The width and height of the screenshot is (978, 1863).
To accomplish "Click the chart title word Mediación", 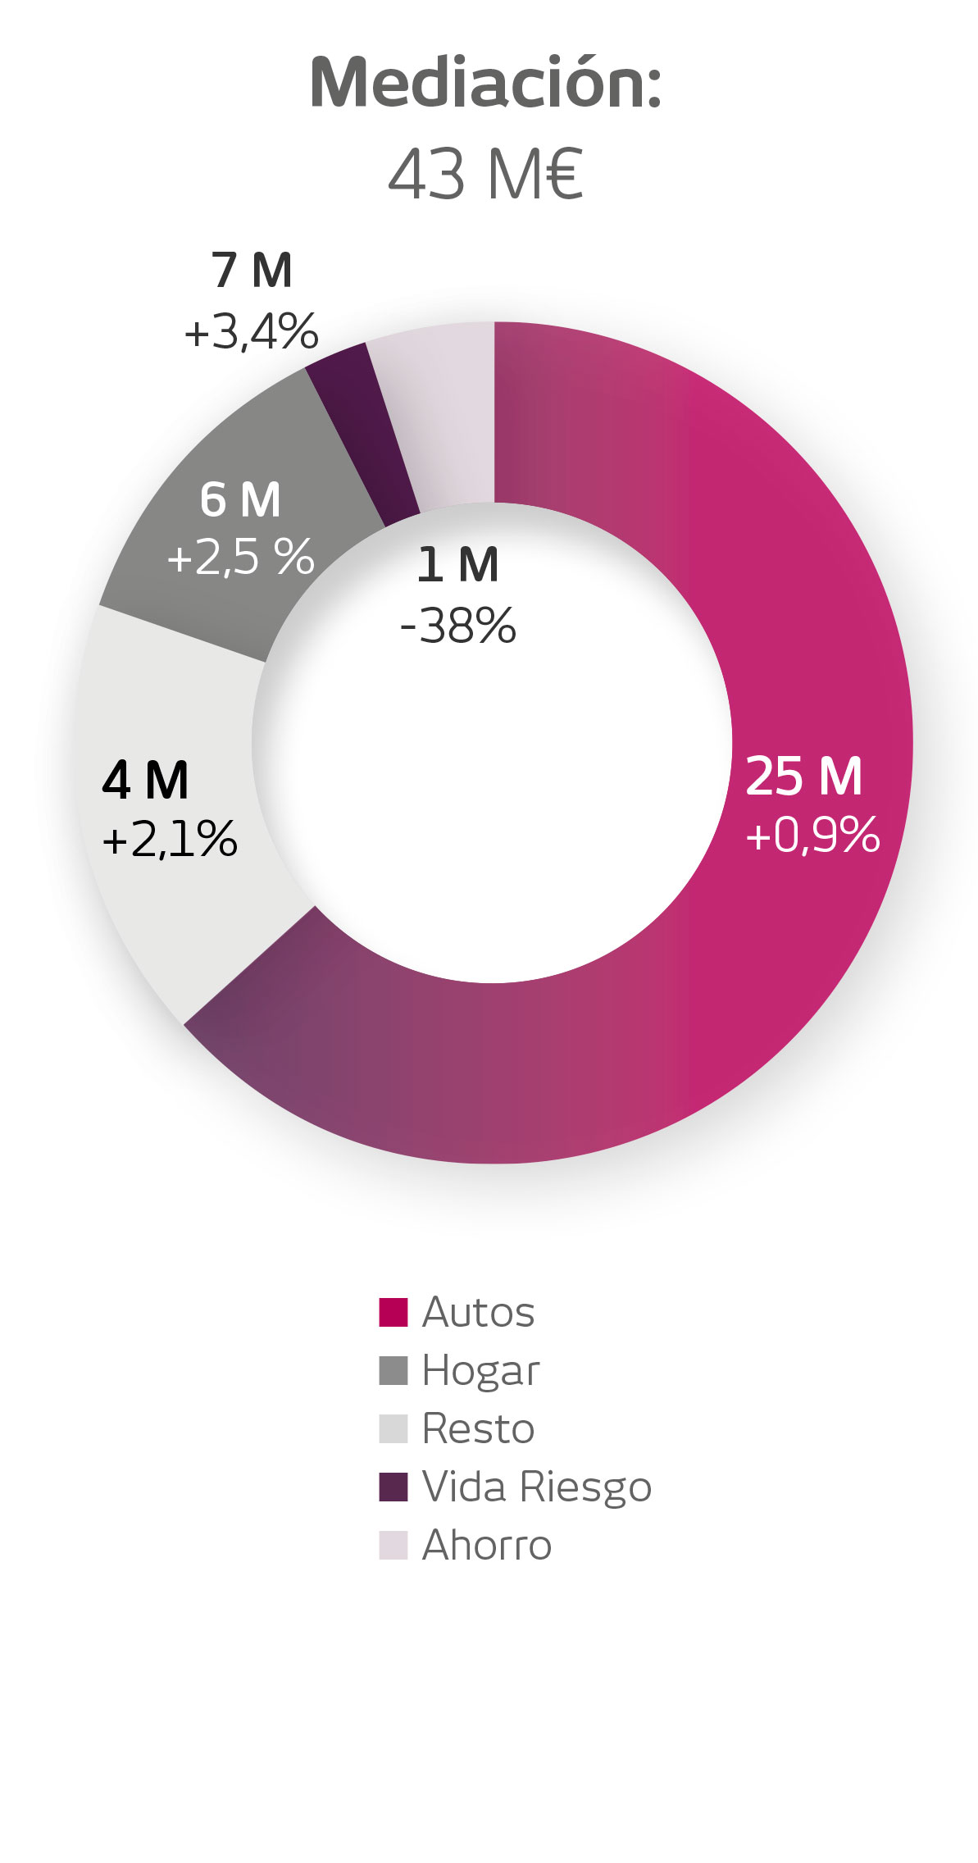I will tap(485, 84).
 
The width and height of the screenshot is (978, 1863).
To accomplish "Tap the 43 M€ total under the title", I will tap(485, 175).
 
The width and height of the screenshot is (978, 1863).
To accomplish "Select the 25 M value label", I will tap(804, 777).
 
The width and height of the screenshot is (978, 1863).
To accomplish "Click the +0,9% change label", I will tap(812, 835).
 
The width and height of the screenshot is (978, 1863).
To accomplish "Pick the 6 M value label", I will tap(240, 500).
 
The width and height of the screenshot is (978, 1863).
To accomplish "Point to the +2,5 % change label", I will tap(240, 558).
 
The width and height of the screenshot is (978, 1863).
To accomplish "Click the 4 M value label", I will tap(146, 781).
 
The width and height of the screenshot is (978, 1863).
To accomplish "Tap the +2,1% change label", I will tap(170, 840).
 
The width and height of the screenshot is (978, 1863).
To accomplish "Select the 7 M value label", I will tap(252, 271).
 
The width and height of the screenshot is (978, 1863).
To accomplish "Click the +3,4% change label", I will tap(251, 332).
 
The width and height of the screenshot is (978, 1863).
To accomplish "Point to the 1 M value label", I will tap(457, 566).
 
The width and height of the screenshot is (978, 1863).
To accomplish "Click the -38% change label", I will tap(457, 626).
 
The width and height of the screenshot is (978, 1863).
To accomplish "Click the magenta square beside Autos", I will tap(393, 1312).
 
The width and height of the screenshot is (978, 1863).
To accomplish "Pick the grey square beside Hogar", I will tap(393, 1370).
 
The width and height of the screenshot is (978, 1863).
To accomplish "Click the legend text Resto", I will tap(478, 1429).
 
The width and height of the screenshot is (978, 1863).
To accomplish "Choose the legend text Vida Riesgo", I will tap(536, 1487).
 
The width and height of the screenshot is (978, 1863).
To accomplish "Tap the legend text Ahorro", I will tap(486, 1546).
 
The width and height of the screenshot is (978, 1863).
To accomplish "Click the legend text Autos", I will tap(478, 1312).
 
